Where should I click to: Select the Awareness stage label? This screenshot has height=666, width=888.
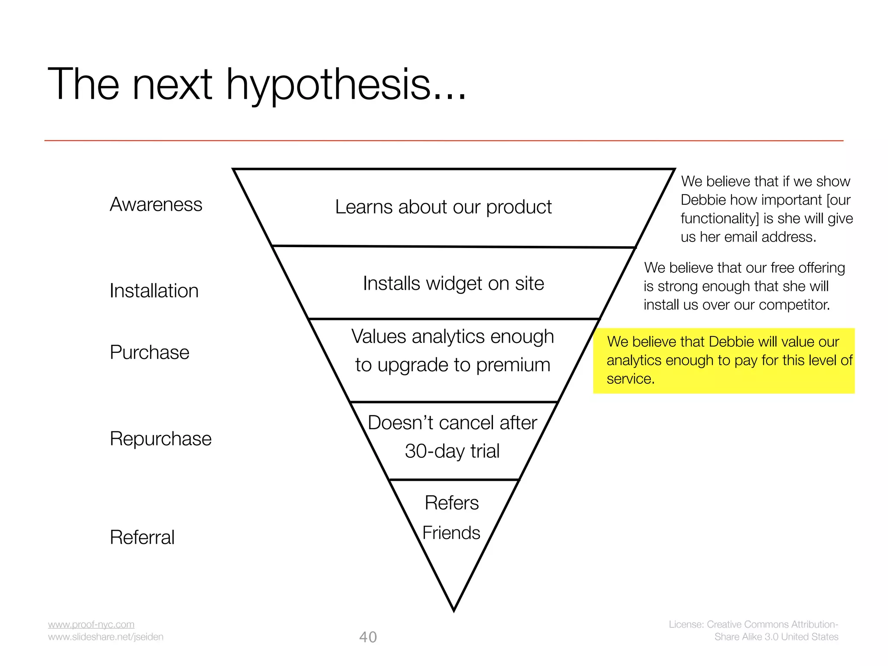(x=156, y=204)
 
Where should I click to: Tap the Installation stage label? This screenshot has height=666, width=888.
(x=154, y=291)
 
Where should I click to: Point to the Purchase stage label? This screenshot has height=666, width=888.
(x=150, y=352)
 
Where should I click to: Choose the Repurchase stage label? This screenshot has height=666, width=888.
(x=160, y=438)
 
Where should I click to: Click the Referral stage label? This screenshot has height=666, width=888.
(x=142, y=537)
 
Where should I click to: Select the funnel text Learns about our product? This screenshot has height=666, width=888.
(x=443, y=207)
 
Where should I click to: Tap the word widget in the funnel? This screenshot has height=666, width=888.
(x=454, y=284)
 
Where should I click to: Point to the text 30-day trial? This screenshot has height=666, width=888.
(x=452, y=451)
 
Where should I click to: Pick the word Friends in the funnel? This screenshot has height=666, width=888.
(x=451, y=532)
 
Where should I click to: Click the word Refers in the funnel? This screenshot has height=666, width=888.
(x=451, y=503)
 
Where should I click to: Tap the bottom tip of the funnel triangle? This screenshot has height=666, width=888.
(x=454, y=610)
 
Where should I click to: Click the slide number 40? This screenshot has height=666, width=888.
(x=368, y=637)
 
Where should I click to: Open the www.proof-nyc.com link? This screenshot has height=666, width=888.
(x=91, y=624)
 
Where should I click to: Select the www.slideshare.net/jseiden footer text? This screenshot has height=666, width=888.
(x=106, y=637)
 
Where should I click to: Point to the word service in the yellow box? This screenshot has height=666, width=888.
(x=630, y=379)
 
